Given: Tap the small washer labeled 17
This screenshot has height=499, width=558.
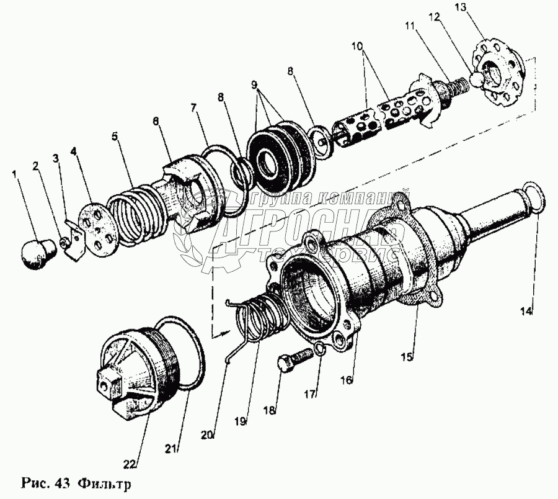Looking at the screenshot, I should click(318, 352).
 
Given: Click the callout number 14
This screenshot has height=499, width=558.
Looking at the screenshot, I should click(528, 311).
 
